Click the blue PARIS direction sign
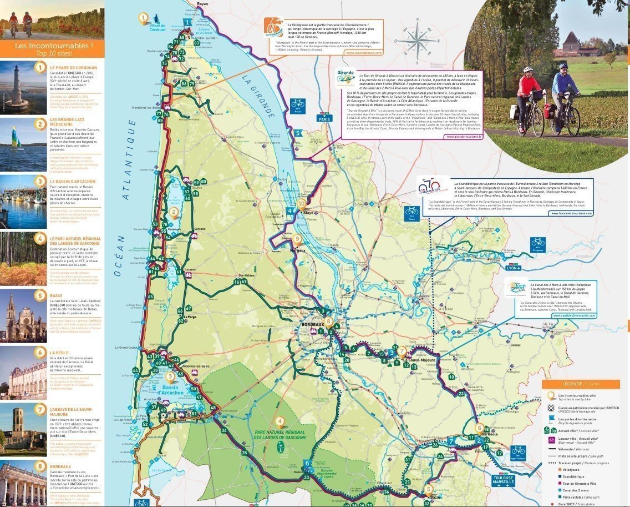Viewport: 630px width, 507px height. click(323, 118)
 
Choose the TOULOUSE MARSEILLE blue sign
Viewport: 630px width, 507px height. click(504, 480)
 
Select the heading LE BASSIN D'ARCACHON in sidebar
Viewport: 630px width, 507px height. click(73, 182)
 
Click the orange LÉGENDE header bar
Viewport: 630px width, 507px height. click(580, 384)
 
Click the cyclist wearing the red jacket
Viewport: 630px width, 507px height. click(528, 97)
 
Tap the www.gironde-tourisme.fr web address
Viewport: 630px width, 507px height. click(464, 136)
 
